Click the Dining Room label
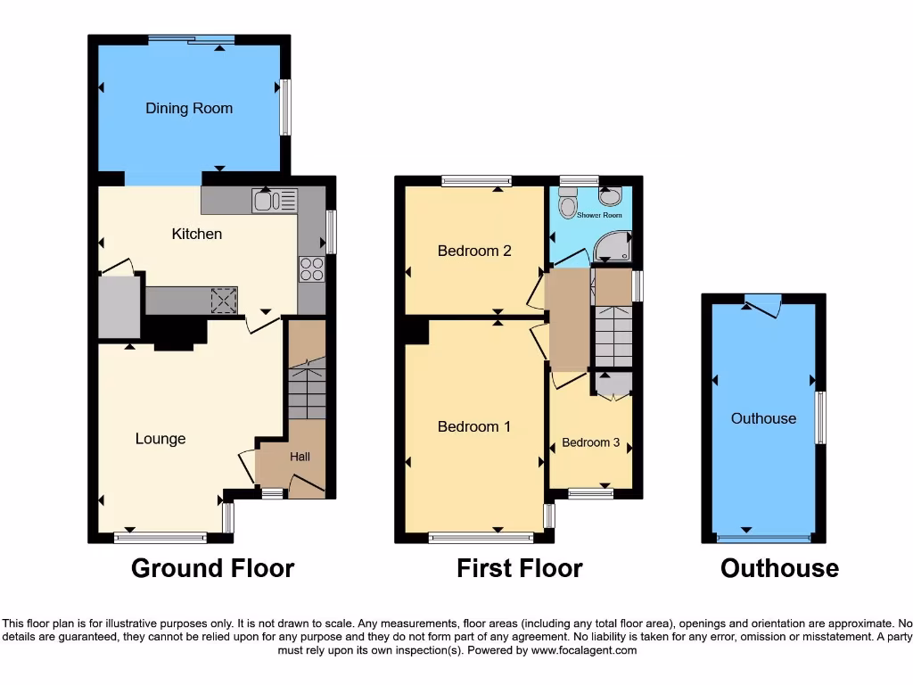[x=189, y=109]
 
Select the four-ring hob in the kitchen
[x=311, y=268]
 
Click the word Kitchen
[x=196, y=234]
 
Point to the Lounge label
[x=160, y=439]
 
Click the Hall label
[x=300, y=457]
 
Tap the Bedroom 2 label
[x=474, y=251]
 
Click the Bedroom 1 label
[x=474, y=426]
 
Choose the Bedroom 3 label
[x=590, y=442]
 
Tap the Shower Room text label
[x=599, y=216]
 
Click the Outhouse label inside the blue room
[x=763, y=418]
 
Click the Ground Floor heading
[x=212, y=568]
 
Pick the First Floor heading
[x=520, y=568]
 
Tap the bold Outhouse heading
[x=779, y=568]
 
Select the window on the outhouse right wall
[x=821, y=417]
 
